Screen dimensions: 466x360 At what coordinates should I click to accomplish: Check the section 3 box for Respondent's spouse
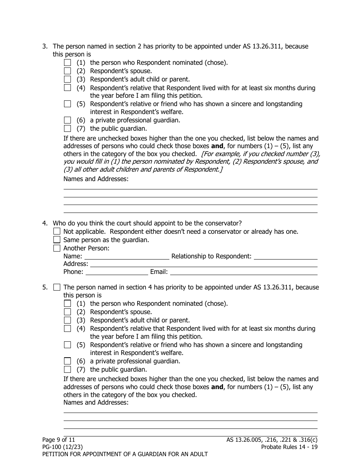67,71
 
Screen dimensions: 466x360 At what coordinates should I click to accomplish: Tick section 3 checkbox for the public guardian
67,128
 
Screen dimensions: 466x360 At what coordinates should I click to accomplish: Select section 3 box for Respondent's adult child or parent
67,79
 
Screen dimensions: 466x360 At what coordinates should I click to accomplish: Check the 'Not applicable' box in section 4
57,231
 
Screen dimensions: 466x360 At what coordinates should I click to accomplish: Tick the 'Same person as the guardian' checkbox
57,239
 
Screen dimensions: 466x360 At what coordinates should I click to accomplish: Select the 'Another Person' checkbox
57,248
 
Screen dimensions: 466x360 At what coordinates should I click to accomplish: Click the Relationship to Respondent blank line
285,256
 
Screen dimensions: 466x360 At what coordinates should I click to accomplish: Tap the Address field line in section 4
203,264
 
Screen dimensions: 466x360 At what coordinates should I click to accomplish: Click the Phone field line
117,272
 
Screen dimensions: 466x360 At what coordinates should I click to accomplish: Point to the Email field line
244,272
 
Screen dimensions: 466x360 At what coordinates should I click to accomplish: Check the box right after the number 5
57,287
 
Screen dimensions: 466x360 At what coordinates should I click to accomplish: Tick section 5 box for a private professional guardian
67,361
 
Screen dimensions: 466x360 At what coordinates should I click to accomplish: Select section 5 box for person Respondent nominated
67,303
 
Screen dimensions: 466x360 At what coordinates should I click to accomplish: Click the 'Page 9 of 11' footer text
59,440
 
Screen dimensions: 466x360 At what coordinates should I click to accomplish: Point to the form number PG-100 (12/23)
63,447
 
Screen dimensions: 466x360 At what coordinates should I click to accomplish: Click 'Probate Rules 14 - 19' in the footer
289,447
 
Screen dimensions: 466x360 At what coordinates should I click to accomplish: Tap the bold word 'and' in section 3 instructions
217,146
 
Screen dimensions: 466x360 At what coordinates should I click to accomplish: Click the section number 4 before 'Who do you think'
45,223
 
